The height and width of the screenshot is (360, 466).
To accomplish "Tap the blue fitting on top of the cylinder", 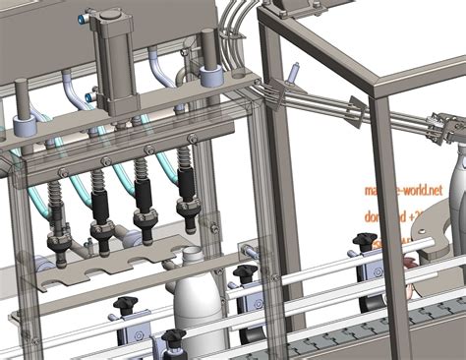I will (90, 17).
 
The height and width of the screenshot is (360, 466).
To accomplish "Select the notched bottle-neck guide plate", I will (118, 267).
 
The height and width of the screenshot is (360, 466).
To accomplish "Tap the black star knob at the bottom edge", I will (174, 340).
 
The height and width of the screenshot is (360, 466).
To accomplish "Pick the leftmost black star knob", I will (124, 304).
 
